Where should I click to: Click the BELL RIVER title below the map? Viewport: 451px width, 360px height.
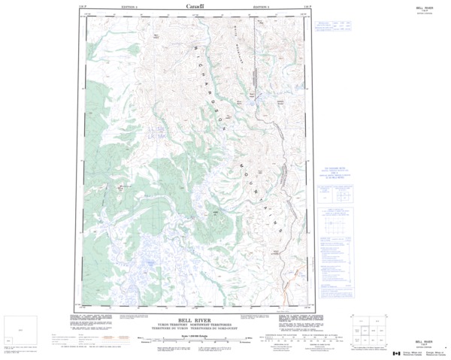pos(195,319)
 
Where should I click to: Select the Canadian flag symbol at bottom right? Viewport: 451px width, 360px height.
pos(397,353)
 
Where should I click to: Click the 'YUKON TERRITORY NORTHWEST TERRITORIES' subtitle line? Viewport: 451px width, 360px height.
pos(195,324)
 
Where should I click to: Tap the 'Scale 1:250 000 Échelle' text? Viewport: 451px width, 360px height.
pos(195,335)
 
